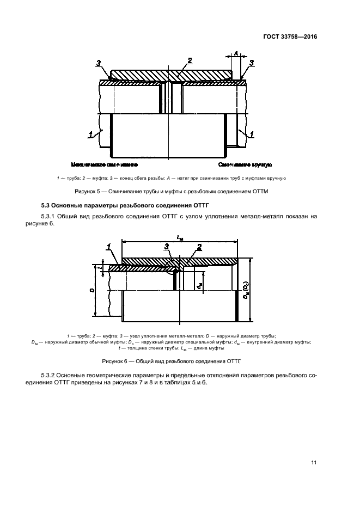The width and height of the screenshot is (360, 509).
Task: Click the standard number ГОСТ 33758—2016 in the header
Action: pyautogui.click(x=291, y=37)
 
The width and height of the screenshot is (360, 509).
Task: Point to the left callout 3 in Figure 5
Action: pyautogui.click(x=99, y=64)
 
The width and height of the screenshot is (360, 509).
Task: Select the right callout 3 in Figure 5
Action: pyautogui.click(x=252, y=64)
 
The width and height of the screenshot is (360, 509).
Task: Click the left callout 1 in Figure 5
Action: pyautogui.click(x=90, y=132)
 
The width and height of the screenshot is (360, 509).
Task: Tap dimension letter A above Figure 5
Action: pyautogui.click(x=236, y=53)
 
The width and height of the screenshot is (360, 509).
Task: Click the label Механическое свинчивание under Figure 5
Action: pyautogui.click(x=104, y=164)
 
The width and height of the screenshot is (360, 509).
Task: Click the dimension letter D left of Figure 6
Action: pyautogui.click(x=92, y=290)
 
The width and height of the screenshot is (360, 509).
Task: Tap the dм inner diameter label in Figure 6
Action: pyautogui.click(x=199, y=284)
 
